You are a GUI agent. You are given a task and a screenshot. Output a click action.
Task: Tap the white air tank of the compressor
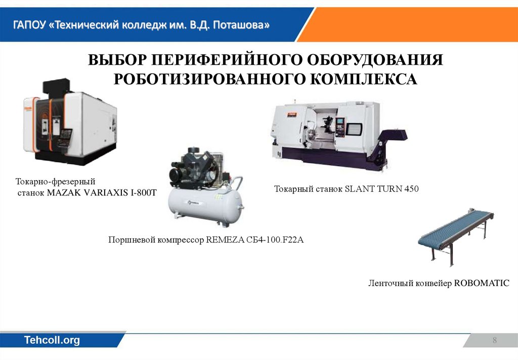(205, 208)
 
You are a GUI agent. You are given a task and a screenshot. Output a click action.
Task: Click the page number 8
(495, 340)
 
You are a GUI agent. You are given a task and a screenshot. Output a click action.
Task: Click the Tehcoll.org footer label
(52, 340)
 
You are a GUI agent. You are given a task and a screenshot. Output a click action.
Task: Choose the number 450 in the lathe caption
(411, 189)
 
